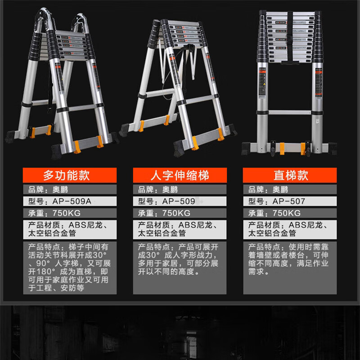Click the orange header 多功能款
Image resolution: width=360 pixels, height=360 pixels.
pyautogui.click(x=69, y=175)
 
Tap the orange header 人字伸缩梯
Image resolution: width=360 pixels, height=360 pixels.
pyautogui.click(x=180, y=175)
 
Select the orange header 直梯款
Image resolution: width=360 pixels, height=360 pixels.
pyautogui.click(x=290, y=175)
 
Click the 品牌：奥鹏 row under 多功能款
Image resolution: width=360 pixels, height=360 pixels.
pyautogui.click(x=69, y=189)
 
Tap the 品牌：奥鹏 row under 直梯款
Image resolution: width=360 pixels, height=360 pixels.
pyautogui.click(x=290, y=189)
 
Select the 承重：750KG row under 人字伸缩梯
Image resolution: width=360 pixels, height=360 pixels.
pyautogui.click(x=180, y=213)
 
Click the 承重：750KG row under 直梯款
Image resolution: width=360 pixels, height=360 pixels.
pyautogui.click(x=290, y=213)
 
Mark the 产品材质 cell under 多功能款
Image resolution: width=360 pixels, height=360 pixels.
pyautogui.click(x=69, y=229)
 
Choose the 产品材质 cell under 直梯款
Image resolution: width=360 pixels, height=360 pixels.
pyautogui.click(x=290, y=229)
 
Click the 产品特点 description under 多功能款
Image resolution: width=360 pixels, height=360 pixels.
pyautogui.click(x=69, y=267)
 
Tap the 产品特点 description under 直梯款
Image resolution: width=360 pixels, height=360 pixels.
pyautogui.click(x=290, y=259)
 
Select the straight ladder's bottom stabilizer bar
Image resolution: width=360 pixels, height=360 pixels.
pyautogui.click(x=289, y=147)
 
